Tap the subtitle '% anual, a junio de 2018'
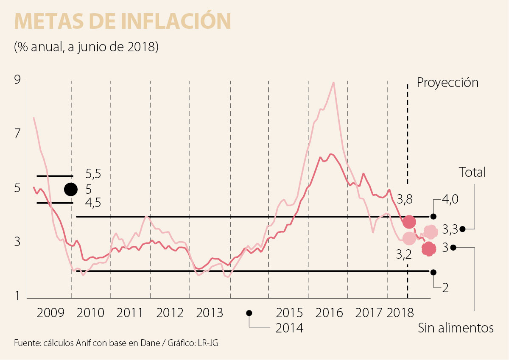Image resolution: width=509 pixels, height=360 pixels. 86,46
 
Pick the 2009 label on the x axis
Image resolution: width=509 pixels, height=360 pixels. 51,313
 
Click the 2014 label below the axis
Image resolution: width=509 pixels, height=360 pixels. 290,327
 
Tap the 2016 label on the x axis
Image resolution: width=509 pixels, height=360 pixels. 330,313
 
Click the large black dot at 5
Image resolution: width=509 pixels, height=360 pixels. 70,189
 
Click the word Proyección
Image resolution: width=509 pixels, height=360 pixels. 447,82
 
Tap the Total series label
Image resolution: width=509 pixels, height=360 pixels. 472,172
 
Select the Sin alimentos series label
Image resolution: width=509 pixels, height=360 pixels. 456,328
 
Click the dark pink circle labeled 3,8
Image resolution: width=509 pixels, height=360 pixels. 409,221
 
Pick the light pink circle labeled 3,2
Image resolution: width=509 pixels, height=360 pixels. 409,239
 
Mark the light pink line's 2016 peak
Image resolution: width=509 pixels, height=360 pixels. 334,83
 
